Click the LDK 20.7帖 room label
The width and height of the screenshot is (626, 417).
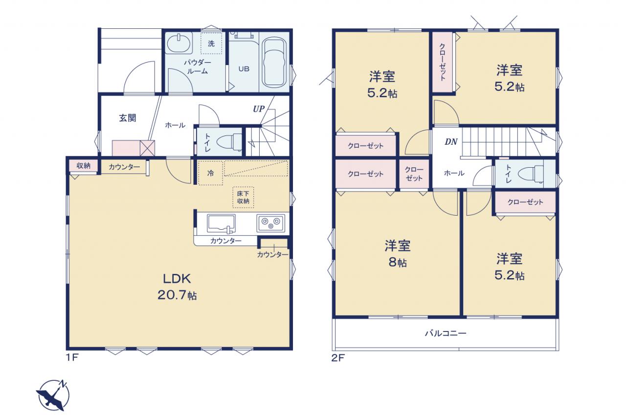click(x=177, y=286)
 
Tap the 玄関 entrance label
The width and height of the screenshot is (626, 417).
click(x=128, y=118)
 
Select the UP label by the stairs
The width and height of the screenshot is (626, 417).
click(x=259, y=109)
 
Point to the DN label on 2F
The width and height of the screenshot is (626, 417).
click(x=451, y=142)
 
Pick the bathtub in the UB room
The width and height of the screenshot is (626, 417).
click(x=274, y=62)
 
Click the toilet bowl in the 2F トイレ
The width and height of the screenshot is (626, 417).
click(x=531, y=174)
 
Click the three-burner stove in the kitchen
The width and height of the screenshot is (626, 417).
click(x=271, y=223)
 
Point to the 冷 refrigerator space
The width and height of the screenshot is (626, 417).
click(x=210, y=173)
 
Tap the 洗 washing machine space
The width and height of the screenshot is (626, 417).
click(x=211, y=44)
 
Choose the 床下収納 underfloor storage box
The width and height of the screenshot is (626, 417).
click(x=243, y=197)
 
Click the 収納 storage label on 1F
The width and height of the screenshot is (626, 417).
click(x=83, y=166)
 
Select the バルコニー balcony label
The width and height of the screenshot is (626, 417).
click(x=446, y=333)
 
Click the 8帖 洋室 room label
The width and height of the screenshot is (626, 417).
click(x=398, y=253)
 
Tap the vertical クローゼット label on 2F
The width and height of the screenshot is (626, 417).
click(x=443, y=62)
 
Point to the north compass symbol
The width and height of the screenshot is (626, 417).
click(x=53, y=395)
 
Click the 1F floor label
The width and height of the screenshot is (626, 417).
click(x=72, y=358)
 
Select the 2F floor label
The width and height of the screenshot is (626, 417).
click(x=338, y=358)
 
